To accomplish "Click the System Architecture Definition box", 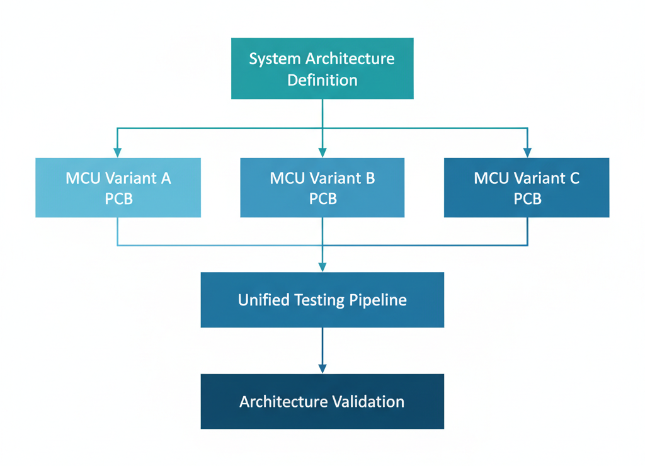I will [322, 68].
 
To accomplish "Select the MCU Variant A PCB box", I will [118, 188].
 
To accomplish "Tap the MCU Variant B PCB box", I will [322, 188].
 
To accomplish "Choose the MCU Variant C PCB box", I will [527, 188].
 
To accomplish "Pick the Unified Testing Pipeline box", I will [322, 300].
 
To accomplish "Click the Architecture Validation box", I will [322, 401].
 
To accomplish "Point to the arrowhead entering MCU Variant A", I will [118, 152].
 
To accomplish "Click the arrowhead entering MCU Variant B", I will [322, 152].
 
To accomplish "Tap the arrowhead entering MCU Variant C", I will [527, 152].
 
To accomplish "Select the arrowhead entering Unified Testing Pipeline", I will [322, 267].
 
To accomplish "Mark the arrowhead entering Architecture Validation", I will [322, 368].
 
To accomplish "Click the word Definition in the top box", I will [322, 80].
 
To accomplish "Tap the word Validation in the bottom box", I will [372, 401].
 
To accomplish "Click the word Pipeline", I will [378, 300].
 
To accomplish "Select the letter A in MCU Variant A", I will [166, 178].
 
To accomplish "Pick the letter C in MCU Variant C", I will [574, 178].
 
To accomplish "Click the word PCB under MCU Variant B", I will [322, 198].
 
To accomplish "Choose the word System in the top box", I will [275, 59].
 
